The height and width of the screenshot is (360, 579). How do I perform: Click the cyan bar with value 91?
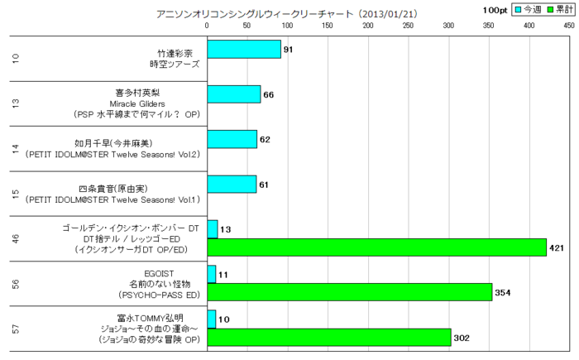coord(244,49)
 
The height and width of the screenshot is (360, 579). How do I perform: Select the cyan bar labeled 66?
coord(233,94)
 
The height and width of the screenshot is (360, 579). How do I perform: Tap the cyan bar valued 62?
coord(232,139)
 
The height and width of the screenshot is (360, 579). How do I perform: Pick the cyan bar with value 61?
coord(232,184)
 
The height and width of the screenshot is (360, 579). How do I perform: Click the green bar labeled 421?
coord(376,247)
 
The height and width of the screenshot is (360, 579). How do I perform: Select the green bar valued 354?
coord(349,292)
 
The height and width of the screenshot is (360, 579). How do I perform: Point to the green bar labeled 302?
coord(328,337)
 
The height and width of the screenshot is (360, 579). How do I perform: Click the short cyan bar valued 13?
coord(212,228)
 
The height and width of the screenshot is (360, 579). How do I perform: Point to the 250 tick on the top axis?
coord(409,26)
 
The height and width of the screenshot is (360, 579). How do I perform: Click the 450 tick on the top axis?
coord(569,26)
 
